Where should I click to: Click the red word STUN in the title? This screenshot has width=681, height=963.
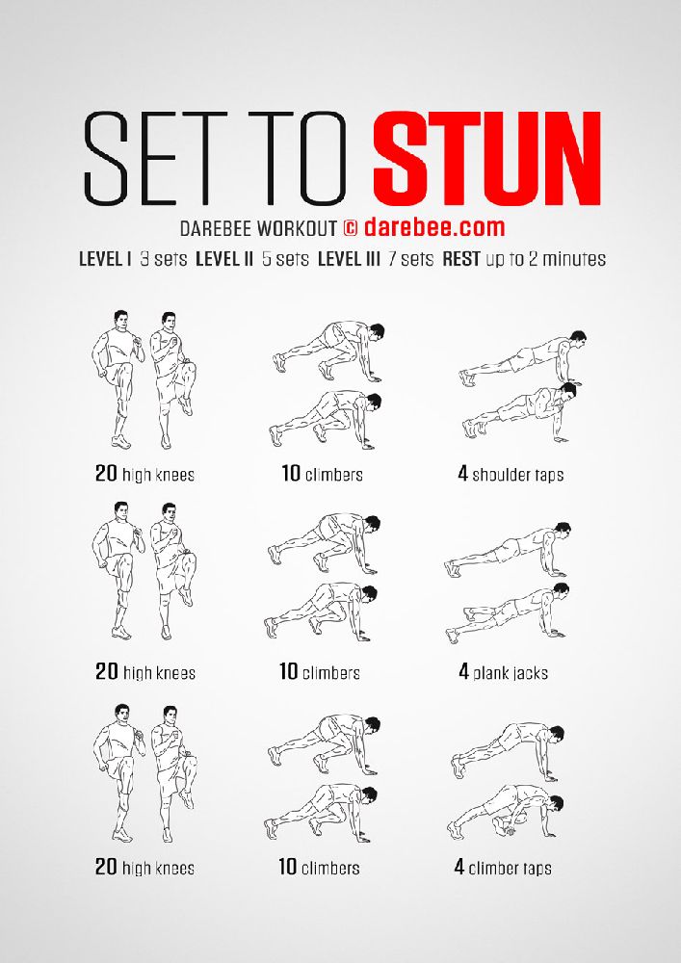(486, 159)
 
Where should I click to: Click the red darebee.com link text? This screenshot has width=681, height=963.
(434, 227)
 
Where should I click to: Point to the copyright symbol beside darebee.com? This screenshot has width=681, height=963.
(350, 228)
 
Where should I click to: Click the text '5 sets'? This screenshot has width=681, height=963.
(285, 259)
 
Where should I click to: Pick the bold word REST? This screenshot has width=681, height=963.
(461, 259)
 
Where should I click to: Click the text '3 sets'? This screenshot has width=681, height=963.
(164, 259)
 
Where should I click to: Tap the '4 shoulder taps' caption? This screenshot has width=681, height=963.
(511, 474)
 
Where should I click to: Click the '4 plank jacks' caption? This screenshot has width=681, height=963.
(503, 672)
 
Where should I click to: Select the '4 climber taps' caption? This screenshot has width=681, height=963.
(503, 868)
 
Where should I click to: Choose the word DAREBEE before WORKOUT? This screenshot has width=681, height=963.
(216, 228)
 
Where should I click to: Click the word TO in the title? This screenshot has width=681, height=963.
(301, 159)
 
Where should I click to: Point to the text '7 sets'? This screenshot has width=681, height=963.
(410, 259)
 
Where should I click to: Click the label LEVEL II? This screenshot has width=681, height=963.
(224, 259)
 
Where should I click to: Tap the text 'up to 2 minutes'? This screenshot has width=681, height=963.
(546, 259)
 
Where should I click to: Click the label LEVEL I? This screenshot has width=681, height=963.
(106, 259)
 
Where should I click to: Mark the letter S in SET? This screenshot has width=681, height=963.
(106, 159)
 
